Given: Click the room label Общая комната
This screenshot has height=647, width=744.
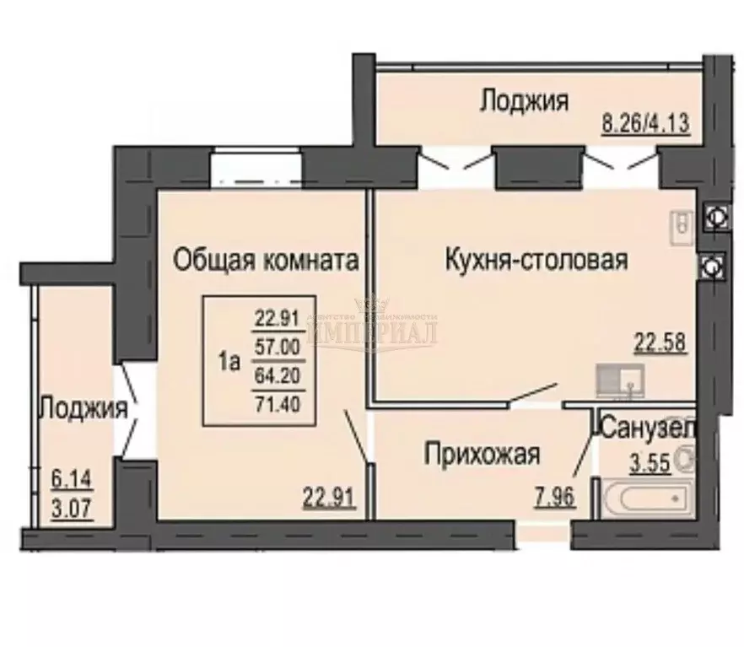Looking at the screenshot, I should pyautogui.click(x=261, y=261).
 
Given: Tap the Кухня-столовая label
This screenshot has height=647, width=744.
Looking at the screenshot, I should pyautogui.click(x=536, y=260).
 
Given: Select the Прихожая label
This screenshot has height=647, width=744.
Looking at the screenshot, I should pyautogui.click(x=481, y=456).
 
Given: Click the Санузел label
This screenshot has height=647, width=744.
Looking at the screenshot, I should pyautogui.click(x=648, y=428).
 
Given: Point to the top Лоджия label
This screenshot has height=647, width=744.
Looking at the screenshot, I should pyautogui.click(x=523, y=101).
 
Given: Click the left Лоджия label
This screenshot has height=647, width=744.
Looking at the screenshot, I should pyautogui.click(x=84, y=410).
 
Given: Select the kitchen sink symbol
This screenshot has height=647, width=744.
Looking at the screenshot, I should pyautogui.click(x=620, y=380).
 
